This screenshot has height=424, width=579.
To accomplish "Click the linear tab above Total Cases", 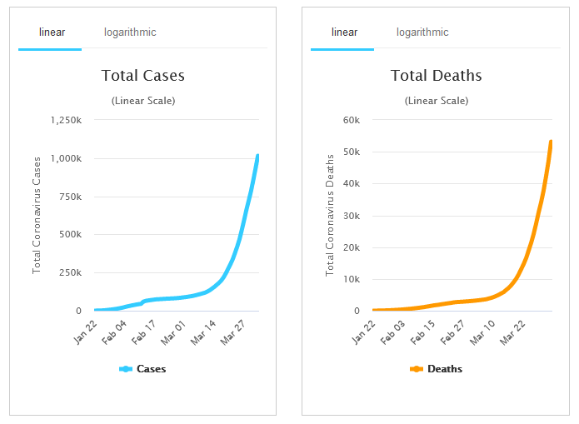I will coord(52,32).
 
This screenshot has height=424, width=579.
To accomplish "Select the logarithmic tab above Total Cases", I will coord(130,32).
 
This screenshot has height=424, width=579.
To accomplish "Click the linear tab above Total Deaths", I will coord(344,32).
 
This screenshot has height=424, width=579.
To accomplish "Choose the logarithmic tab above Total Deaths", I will coord(422,32).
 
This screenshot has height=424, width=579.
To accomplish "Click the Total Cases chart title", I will coord(143,76).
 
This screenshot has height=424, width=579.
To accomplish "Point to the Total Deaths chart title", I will coord(437,76).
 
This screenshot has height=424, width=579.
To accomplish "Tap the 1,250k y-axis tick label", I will coord(66,120).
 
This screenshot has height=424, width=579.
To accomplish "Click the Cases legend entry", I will coord(143,369).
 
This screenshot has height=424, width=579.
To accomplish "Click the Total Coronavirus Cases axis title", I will coord(37,214).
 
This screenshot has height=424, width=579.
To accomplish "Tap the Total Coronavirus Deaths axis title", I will coord(330,214).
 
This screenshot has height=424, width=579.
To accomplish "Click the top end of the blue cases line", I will coord(257,156).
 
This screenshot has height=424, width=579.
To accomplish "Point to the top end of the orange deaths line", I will coord(551,142).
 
